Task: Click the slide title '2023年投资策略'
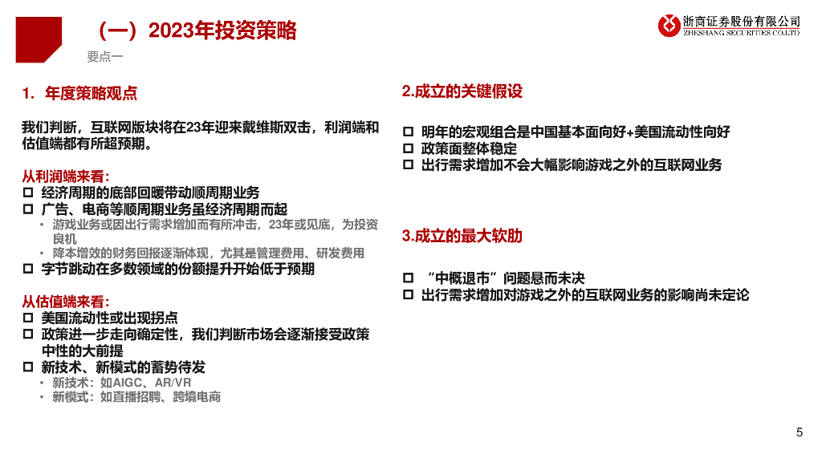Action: [222, 30]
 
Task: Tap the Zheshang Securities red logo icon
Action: [669, 25]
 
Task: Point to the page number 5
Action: [799, 433]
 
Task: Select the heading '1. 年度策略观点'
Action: [80, 93]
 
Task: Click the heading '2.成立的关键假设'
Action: [462, 91]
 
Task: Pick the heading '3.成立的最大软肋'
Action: [462, 236]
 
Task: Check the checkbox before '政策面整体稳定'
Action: [408, 148]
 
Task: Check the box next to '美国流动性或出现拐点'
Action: [28, 318]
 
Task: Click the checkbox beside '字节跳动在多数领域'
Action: [28, 269]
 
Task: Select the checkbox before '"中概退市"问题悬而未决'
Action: [408, 278]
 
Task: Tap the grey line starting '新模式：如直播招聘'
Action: [136, 397]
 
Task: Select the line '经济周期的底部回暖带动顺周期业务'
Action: [150, 192]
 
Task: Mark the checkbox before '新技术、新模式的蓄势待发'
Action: [28, 367]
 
